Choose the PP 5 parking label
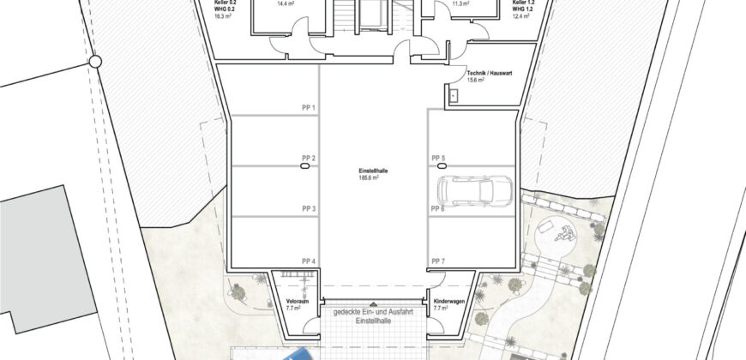(x=438, y=159)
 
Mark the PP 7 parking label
(x=438, y=261)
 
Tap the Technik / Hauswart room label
(x=490, y=76)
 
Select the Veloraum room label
(x=289, y=303)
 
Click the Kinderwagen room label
(x=452, y=303)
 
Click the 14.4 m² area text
(x=285, y=3)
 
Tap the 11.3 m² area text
(x=460, y=3)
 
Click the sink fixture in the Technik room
(x=452, y=97)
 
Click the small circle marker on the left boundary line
(x=95, y=61)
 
